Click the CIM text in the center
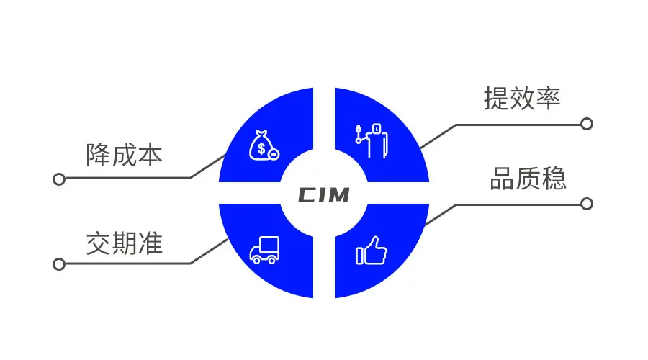323,195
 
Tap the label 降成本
124,155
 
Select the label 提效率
521,99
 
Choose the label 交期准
124,243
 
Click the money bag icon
264,145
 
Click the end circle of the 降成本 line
59,179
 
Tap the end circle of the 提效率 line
587,124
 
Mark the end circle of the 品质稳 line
587,204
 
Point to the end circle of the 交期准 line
59,264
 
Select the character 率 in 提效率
547,99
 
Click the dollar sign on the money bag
260,148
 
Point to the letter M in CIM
338,195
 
